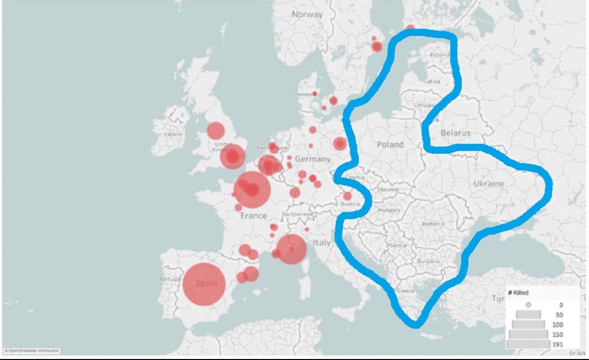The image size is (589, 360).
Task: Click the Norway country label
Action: coord(307,14)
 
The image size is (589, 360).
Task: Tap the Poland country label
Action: coord(390,145)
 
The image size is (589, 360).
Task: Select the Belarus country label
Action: coord(455,133)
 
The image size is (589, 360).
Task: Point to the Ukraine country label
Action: coord(488,184)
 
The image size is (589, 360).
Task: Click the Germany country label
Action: coord(312,159)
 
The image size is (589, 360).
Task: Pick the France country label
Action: coord(253,215)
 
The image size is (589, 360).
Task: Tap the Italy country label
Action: coord(322,243)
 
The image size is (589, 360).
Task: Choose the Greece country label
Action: coord(406,291)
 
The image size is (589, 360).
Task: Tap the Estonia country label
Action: coord(439,54)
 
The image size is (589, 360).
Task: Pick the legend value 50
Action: coord(559,315)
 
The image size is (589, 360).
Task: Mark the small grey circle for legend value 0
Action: coord(529,305)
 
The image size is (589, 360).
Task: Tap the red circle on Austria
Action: coord(347,196)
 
